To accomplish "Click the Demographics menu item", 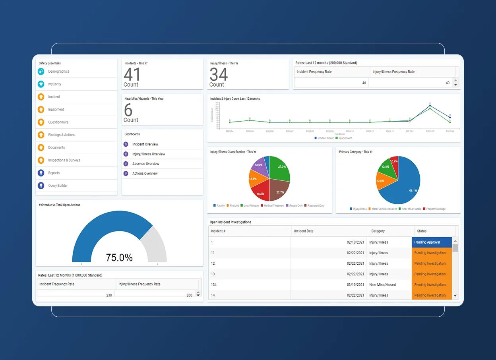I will (58, 72).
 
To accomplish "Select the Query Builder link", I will (58, 186).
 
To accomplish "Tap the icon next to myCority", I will (41, 84).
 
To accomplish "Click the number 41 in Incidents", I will (132, 75).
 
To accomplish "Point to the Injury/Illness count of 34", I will (219, 75).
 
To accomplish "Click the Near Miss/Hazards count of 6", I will (128, 110).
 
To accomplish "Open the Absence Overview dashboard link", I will (145, 164).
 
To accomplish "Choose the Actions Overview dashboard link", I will (145, 174).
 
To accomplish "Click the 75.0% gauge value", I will (119, 257).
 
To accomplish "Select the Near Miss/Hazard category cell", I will (382, 285).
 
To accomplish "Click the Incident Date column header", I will (304, 231).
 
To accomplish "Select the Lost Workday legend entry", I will (250, 206).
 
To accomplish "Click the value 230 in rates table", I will (109, 295).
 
